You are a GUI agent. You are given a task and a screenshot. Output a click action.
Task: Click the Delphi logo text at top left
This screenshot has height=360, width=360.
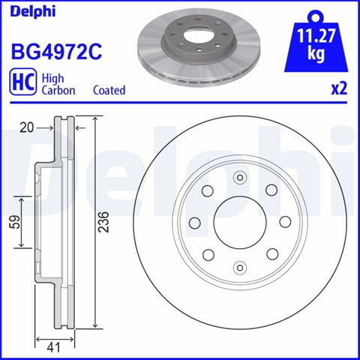pyautogui.click(x=33, y=11)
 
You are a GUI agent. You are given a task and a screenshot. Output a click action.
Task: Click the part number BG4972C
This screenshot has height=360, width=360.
pyautogui.click(x=56, y=51)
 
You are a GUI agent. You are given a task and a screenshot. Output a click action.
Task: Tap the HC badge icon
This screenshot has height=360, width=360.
pyautogui.click(x=22, y=83)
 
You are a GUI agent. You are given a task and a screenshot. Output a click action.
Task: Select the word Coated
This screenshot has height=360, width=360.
pyautogui.click(x=109, y=90)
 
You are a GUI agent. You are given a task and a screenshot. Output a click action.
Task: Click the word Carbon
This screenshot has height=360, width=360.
pyautogui.click(x=58, y=90)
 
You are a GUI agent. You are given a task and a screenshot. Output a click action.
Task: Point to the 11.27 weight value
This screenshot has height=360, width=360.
pyautogui.click(x=316, y=36)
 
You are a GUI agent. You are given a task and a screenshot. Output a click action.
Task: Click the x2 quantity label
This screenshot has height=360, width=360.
pyautogui.click(x=339, y=88)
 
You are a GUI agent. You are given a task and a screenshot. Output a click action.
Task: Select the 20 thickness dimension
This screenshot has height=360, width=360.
pyautogui.click(x=26, y=127)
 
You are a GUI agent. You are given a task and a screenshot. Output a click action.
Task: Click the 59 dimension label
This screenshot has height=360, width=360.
pyautogui.click(x=15, y=222)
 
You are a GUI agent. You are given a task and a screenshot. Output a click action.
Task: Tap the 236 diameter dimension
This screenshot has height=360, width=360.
pyautogui.click(x=103, y=222)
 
